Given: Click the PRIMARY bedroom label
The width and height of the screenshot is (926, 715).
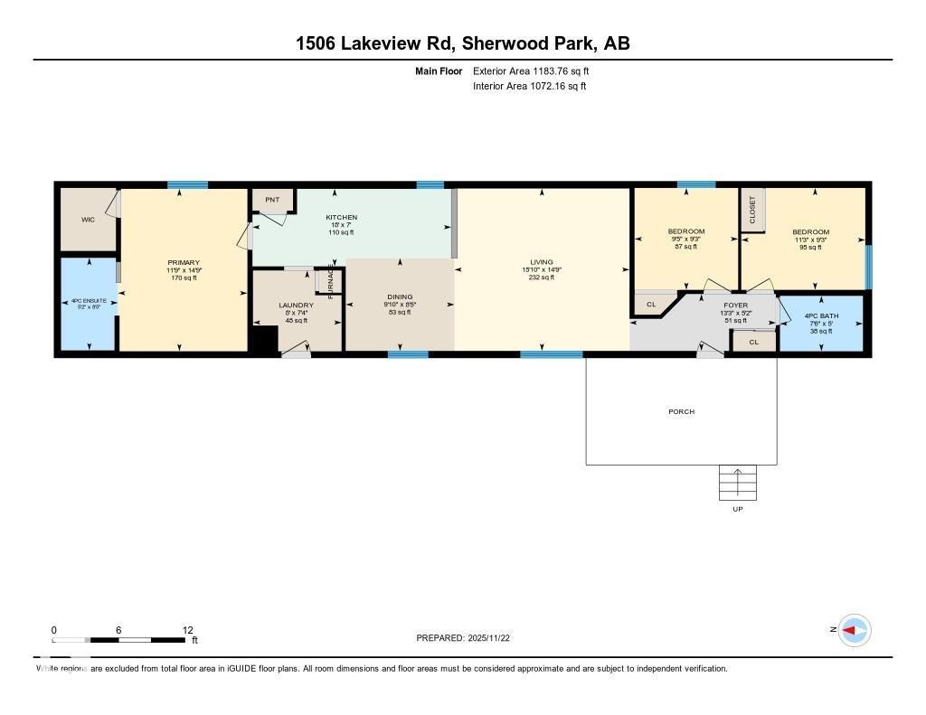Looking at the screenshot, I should click(x=183, y=262).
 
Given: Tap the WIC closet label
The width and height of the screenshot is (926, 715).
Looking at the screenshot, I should click(x=88, y=220).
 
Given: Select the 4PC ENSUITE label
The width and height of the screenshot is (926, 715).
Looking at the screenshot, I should click(x=89, y=300).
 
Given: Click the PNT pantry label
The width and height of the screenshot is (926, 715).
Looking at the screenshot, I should click(x=272, y=200).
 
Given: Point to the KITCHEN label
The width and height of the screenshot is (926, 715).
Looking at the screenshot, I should click(x=341, y=218).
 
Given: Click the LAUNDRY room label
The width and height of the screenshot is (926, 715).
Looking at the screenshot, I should click(x=296, y=306).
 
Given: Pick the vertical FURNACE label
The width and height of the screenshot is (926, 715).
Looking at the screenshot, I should click(x=332, y=280).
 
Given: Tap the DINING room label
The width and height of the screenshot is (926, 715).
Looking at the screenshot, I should click(x=400, y=296).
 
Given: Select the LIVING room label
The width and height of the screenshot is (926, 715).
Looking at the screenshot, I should click(x=543, y=262).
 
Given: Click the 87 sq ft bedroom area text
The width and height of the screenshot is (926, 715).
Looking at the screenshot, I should click(x=685, y=247).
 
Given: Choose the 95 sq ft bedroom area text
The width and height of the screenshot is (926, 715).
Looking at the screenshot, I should click(x=810, y=247).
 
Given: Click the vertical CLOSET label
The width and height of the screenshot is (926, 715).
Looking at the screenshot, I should click(x=752, y=210).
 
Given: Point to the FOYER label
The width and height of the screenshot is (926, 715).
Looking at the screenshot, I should click(x=734, y=306).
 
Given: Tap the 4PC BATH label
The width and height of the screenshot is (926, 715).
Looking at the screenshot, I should click(x=821, y=315).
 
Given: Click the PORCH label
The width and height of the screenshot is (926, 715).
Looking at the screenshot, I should click(x=681, y=412).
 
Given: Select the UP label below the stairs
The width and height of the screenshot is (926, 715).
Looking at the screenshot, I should click(x=738, y=510).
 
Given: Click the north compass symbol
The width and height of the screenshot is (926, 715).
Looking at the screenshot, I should click(x=853, y=630).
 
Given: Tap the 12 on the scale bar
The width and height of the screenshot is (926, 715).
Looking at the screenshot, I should click(x=187, y=630).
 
